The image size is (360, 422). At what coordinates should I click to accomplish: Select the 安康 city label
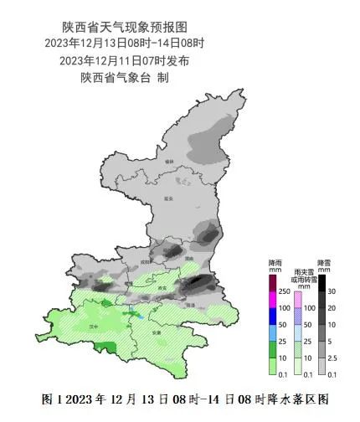point(157,333)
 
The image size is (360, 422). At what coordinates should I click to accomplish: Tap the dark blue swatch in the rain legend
point(272,322)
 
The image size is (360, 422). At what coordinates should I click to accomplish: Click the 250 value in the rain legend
point(285,291)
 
